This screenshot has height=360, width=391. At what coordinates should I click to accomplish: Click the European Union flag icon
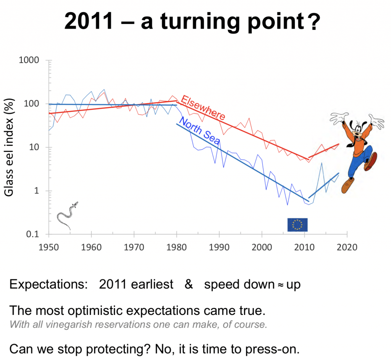click(297, 224)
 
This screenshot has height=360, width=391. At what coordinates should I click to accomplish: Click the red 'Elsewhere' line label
click(203, 107)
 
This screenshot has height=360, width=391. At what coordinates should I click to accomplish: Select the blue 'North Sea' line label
click(199, 131)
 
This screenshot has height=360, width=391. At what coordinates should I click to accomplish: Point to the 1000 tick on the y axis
click(29, 60)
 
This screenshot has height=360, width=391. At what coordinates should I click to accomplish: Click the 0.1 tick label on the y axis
click(33, 234)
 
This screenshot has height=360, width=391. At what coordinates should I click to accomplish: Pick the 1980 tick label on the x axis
click(176, 247)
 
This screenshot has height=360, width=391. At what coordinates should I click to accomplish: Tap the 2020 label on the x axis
click(347, 247)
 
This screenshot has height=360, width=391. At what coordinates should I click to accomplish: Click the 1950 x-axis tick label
click(48, 247)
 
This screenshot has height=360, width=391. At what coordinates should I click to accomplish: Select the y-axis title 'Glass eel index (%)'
click(9, 147)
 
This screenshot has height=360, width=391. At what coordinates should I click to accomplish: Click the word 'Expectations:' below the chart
click(48, 284)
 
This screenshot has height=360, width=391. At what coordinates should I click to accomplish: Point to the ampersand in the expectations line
click(189, 284)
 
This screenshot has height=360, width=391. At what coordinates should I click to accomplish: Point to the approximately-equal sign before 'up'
click(281, 285)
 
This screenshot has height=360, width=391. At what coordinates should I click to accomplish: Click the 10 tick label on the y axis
click(34, 147)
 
